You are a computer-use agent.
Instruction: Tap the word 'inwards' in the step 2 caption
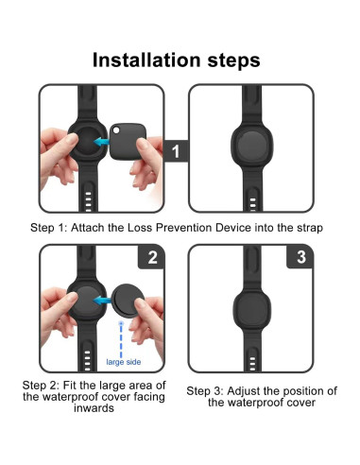point(88,409)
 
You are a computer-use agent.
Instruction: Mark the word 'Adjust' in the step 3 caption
point(249,391)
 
